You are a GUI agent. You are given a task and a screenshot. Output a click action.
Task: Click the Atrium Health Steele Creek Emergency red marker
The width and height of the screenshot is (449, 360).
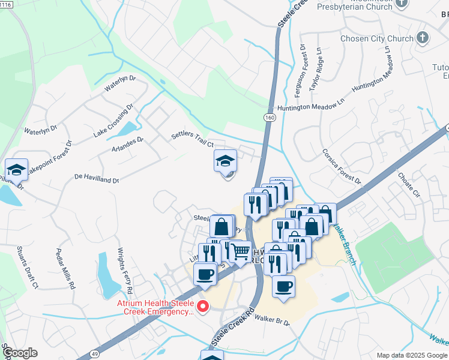[203, 308]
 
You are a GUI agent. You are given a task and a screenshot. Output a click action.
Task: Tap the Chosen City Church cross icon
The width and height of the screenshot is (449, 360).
[423, 38]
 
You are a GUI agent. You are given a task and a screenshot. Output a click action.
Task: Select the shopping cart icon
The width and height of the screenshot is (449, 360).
[241, 253]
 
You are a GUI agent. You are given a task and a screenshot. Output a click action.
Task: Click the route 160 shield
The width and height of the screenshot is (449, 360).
[270, 118]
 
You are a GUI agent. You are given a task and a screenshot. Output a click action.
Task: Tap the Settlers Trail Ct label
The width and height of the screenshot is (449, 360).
[193, 140]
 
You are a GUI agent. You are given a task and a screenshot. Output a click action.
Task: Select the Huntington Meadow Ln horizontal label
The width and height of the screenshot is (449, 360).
[310, 106]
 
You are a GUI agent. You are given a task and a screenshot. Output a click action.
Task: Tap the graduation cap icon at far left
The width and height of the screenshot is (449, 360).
[17, 169]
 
